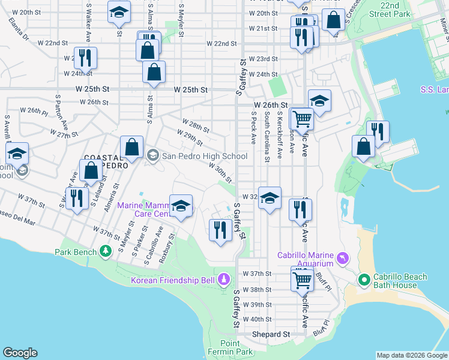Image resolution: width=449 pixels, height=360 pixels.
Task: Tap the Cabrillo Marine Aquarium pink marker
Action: pyautogui.click(x=342, y=259)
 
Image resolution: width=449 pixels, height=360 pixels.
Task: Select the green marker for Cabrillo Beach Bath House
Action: pyautogui.click(x=364, y=280)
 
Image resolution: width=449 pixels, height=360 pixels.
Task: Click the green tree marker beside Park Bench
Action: pyautogui.click(x=106, y=251)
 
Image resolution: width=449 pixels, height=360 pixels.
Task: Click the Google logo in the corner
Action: pyautogui.click(x=20, y=353)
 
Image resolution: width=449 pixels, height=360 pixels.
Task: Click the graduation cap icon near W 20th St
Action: pyautogui.click(x=119, y=12)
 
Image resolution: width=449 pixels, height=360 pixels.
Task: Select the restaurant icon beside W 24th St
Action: pyautogui.click(x=85, y=58)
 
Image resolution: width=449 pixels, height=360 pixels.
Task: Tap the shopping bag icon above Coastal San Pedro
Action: pyautogui.click(x=131, y=146)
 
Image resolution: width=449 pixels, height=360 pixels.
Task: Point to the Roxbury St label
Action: pyautogui.click(x=171, y=252)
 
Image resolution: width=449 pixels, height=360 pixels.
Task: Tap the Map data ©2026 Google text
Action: pyautogui.click(x=411, y=355)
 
